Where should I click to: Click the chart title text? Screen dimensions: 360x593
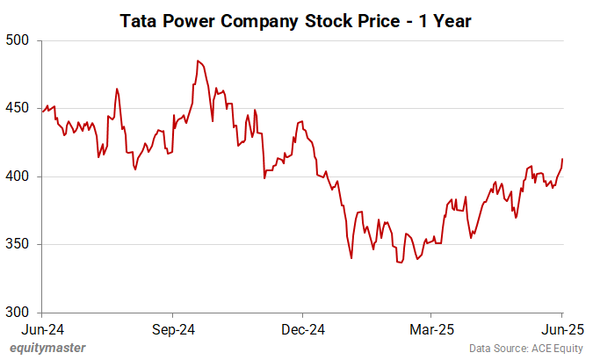(x=296, y=19)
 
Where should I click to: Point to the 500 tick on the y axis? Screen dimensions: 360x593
(x=18, y=40)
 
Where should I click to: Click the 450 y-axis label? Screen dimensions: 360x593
(x=18, y=109)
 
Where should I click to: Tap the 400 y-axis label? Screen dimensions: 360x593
(x=18, y=176)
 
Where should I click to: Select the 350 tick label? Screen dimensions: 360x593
(x=18, y=244)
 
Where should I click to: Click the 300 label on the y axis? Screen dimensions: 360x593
(x=18, y=312)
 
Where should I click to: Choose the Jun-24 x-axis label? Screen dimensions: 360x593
(x=43, y=330)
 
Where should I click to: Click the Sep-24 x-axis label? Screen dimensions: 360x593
(x=172, y=330)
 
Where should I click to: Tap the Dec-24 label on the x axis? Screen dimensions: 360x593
(x=302, y=330)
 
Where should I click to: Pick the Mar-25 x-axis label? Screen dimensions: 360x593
(x=430, y=330)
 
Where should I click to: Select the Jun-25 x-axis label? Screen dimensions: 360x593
(x=560, y=330)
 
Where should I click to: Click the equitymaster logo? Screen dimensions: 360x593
(x=49, y=348)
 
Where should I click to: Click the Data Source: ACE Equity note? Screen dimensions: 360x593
(x=524, y=348)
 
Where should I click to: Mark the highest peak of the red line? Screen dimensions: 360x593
(x=199, y=61)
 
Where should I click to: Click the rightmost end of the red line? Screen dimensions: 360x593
(x=562, y=159)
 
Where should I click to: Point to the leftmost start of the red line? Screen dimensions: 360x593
(x=42, y=112)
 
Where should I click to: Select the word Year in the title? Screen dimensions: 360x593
(x=452, y=19)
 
